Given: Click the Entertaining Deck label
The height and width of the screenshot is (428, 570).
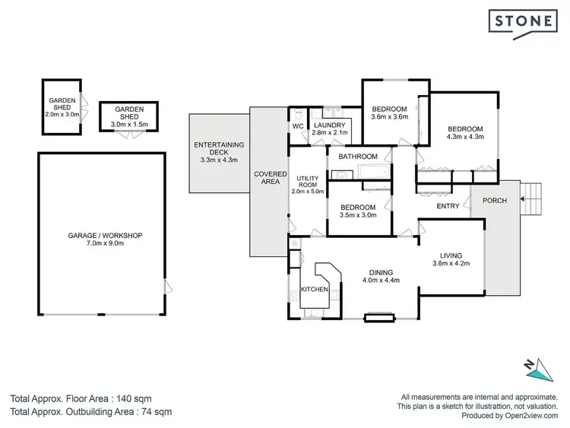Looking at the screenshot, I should click(218, 152).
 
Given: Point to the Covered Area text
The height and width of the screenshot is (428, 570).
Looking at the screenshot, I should click(270, 179).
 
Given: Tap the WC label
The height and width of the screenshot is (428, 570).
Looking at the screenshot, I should click(298, 125).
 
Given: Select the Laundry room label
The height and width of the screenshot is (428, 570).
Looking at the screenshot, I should click(330, 125).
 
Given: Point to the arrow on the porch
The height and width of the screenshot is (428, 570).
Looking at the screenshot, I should click(524, 200).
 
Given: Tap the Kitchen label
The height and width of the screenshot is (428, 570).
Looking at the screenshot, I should click(314, 290).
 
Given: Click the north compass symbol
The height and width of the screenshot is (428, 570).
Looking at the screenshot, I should click(542, 368).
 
